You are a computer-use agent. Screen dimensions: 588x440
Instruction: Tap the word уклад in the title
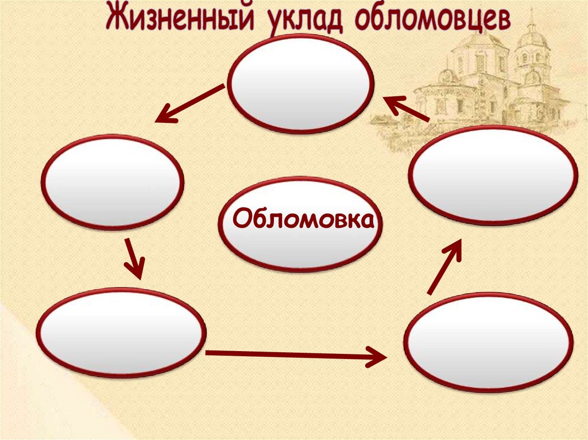coord(305,21)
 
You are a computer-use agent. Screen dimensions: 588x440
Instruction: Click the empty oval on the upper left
coord(113,182)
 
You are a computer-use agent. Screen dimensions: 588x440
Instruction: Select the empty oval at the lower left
coord(121,333)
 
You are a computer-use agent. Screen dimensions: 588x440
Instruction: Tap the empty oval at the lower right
coord(489,342)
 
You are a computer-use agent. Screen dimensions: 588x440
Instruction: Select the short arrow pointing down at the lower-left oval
coord(134,259)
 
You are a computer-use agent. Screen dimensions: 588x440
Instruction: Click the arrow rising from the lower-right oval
coord(445,266)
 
